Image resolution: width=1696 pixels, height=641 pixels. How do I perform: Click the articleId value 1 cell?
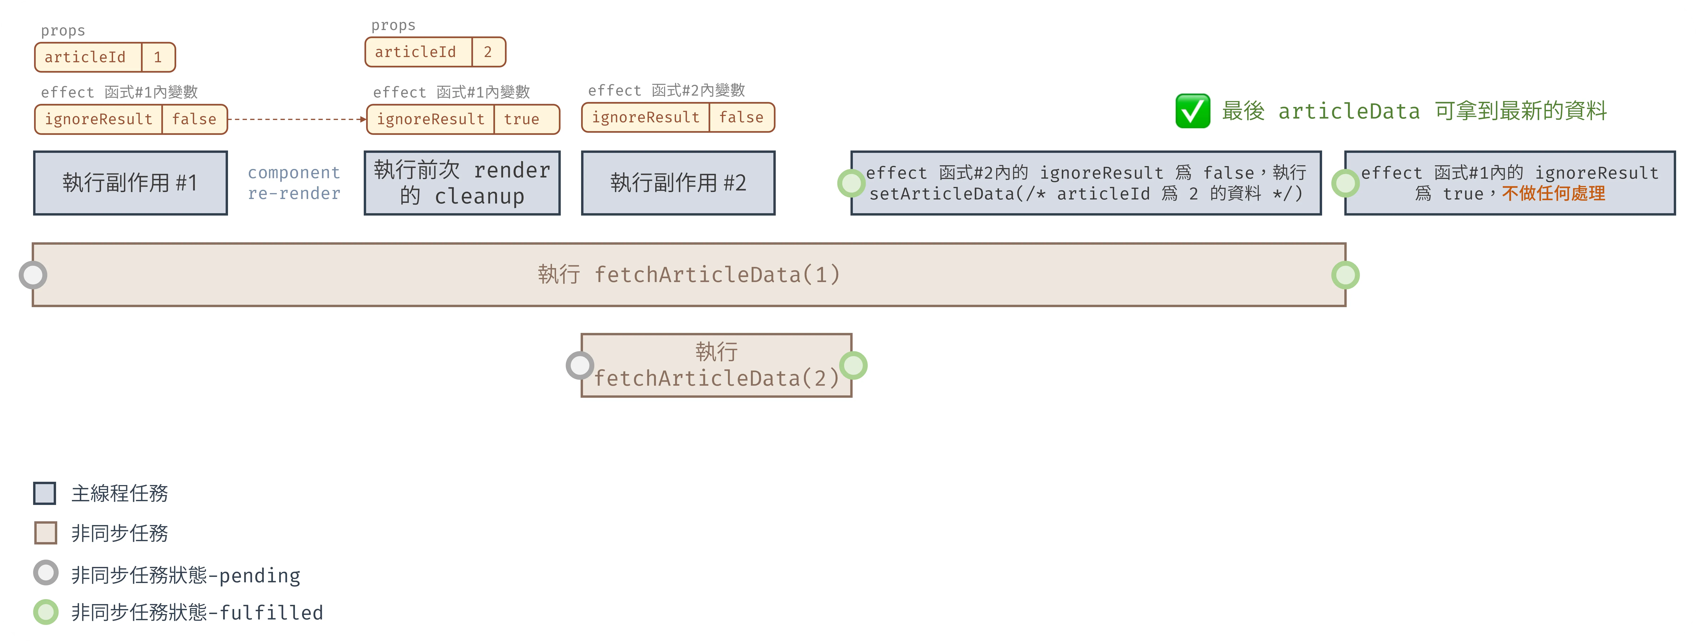[158, 57]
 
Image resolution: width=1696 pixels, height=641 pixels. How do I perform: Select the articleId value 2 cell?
[488, 52]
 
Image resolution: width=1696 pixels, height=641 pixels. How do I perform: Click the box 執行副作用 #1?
[130, 182]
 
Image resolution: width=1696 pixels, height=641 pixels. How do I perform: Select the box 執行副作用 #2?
[678, 182]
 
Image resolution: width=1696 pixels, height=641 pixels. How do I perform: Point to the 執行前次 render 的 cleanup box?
[462, 182]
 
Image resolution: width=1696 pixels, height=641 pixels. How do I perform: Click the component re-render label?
[294, 182]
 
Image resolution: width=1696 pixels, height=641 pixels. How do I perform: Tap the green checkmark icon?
[1192, 111]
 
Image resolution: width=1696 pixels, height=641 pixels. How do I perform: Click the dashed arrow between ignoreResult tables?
[296, 119]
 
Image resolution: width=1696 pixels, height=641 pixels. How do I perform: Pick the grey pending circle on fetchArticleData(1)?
[33, 275]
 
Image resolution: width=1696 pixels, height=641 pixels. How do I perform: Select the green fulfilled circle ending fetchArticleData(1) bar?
[1345, 275]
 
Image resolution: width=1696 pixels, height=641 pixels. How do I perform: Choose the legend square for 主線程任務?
[45, 493]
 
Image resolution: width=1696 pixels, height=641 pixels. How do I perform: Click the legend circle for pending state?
[45, 573]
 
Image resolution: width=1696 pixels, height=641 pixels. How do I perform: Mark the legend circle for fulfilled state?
[45, 612]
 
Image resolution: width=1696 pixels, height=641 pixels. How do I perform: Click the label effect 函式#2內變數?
[666, 90]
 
